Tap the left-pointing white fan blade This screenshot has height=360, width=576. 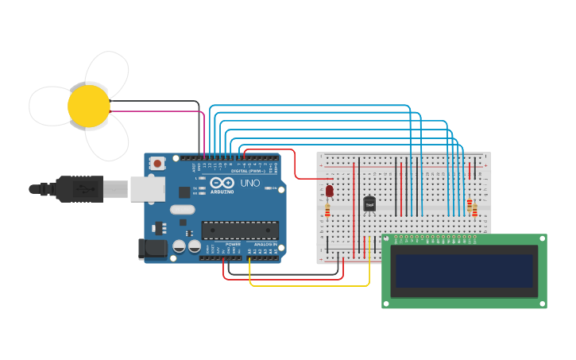[x=49, y=106]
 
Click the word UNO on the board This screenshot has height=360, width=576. [x=250, y=183]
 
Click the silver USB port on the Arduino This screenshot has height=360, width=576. [x=148, y=188]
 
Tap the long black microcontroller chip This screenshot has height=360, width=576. [x=240, y=230]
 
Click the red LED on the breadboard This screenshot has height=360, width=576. [x=330, y=191]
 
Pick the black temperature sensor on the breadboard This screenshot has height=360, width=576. [x=369, y=204]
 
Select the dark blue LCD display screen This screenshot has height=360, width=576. [x=464, y=270]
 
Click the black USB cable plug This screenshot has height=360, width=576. [x=79, y=189]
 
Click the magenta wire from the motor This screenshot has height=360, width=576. [x=159, y=112]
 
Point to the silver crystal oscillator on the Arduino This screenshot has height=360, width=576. [x=181, y=210]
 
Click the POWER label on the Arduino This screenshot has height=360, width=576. [x=233, y=244]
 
